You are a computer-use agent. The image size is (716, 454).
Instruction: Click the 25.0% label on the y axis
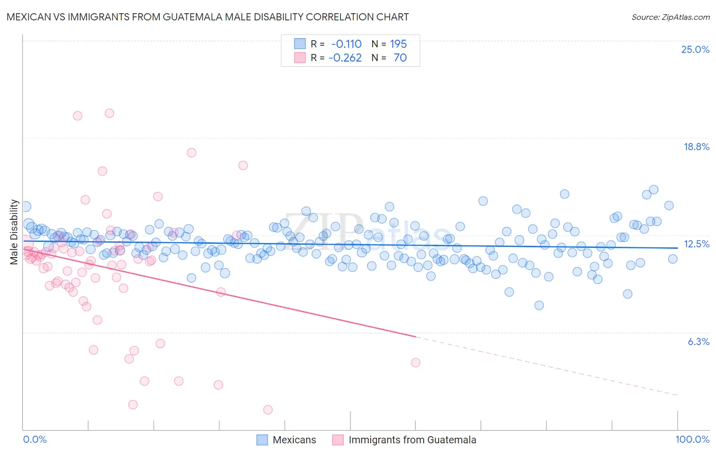[x=695, y=49]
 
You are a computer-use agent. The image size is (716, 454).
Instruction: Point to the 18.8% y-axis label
[x=696, y=147]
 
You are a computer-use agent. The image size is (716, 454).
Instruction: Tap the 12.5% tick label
[x=696, y=244]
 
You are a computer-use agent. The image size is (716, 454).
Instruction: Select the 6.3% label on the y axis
[x=698, y=342]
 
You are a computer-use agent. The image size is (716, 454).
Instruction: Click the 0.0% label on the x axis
[x=35, y=440]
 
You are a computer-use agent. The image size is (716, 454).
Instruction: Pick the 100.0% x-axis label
[x=692, y=440]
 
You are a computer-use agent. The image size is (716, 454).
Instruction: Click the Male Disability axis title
[x=14, y=232]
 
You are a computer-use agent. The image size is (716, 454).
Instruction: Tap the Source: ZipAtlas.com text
[x=670, y=17]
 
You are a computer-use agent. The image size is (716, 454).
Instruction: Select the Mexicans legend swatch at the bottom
[x=262, y=440]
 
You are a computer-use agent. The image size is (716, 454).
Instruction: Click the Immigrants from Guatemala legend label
[x=412, y=440]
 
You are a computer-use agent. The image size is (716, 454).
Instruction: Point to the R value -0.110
[x=346, y=44]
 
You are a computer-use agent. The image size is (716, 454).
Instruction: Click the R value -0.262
[x=345, y=58]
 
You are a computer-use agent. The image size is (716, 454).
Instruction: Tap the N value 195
[x=398, y=44]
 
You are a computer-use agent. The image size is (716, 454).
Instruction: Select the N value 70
[x=400, y=58]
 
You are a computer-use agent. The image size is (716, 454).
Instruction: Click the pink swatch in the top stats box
[x=300, y=58]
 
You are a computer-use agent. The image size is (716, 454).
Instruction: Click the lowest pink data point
[x=268, y=410]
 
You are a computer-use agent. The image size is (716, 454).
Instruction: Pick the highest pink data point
[x=109, y=113]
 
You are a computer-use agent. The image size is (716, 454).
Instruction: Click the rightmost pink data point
[x=416, y=362]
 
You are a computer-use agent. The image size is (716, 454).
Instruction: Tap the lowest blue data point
[x=539, y=305]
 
